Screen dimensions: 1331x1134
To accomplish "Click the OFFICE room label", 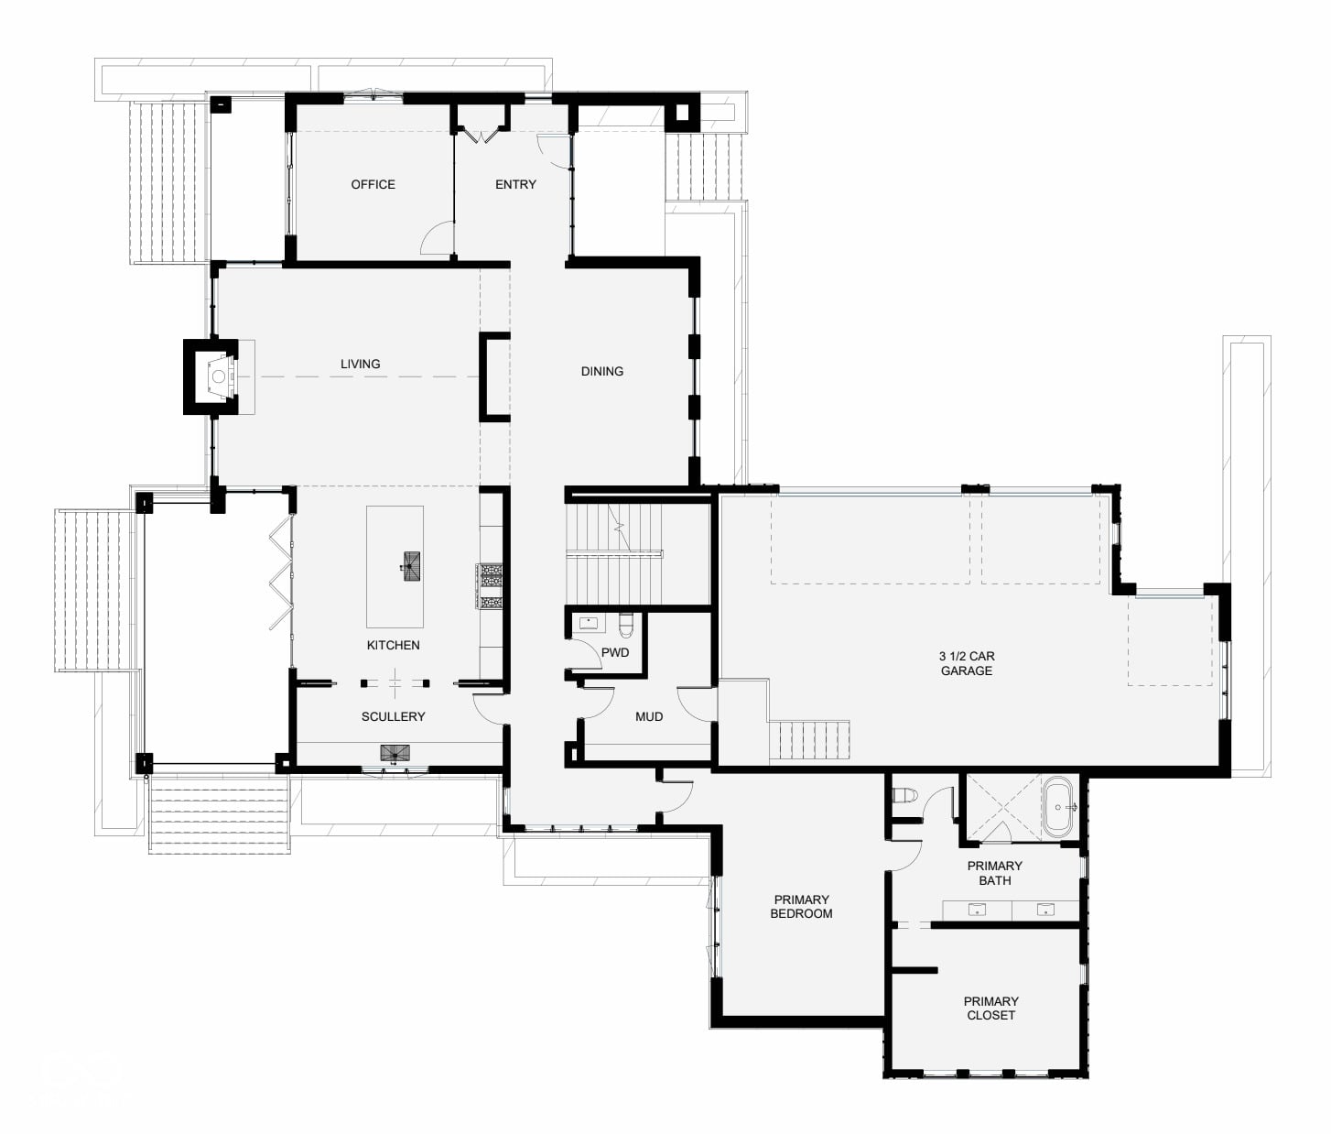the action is (373, 184).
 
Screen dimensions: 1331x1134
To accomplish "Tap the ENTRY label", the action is (515, 184).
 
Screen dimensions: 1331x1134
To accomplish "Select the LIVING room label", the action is (360, 364).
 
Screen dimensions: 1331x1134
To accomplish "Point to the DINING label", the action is (602, 371).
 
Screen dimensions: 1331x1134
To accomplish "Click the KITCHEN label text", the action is (393, 645).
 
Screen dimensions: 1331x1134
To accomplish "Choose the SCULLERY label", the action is (393, 716).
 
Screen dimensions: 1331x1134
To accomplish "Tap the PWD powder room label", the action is (615, 653).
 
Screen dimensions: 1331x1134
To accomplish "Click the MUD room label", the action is (649, 716).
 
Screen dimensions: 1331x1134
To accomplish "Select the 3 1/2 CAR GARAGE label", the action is (967, 664).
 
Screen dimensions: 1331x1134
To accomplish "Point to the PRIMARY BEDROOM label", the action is (801, 907).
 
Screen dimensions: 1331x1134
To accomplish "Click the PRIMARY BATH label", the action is (995, 873).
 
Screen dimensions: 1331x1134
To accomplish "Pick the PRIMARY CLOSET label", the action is (991, 1009).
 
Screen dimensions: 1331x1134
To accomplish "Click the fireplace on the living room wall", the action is (211, 376).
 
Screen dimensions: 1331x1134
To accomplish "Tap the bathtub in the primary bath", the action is (1058, 807).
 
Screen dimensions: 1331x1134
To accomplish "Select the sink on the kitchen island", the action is (411, 566).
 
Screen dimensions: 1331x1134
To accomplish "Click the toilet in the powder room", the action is (626, 625).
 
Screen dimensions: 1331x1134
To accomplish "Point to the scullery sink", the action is (395, 753).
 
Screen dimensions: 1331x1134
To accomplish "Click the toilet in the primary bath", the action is (904, 796).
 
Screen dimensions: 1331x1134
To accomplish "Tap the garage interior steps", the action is (809, 740).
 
